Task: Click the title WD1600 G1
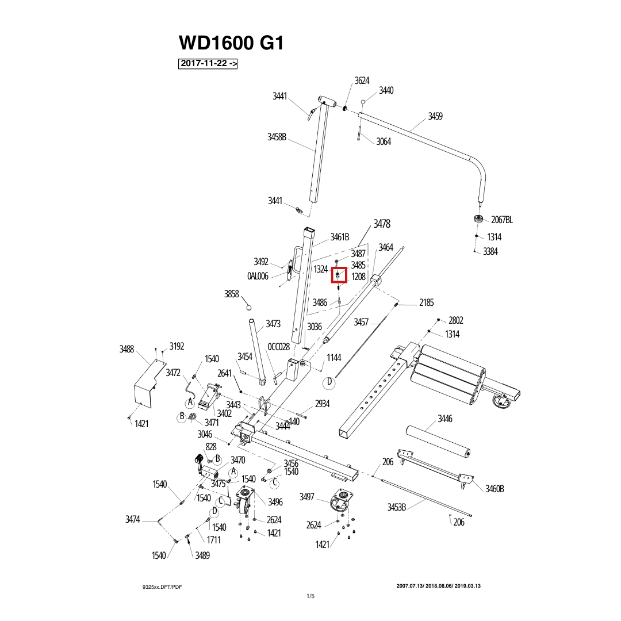231,43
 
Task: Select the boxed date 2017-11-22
208,63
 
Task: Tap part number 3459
435,116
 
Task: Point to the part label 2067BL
502,220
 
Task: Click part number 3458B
277,137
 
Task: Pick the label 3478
382,224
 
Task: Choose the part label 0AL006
258,276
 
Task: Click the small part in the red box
338,274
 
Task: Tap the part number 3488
126,349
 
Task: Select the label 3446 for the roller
445,419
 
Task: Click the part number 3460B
494,489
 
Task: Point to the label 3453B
396,507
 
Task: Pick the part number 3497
307,497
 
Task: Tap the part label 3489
202,555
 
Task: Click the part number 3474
133,519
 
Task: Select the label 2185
427,302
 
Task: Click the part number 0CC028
279,347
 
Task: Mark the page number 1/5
310,596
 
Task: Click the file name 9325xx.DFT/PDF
162,587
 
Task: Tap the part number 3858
232,294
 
